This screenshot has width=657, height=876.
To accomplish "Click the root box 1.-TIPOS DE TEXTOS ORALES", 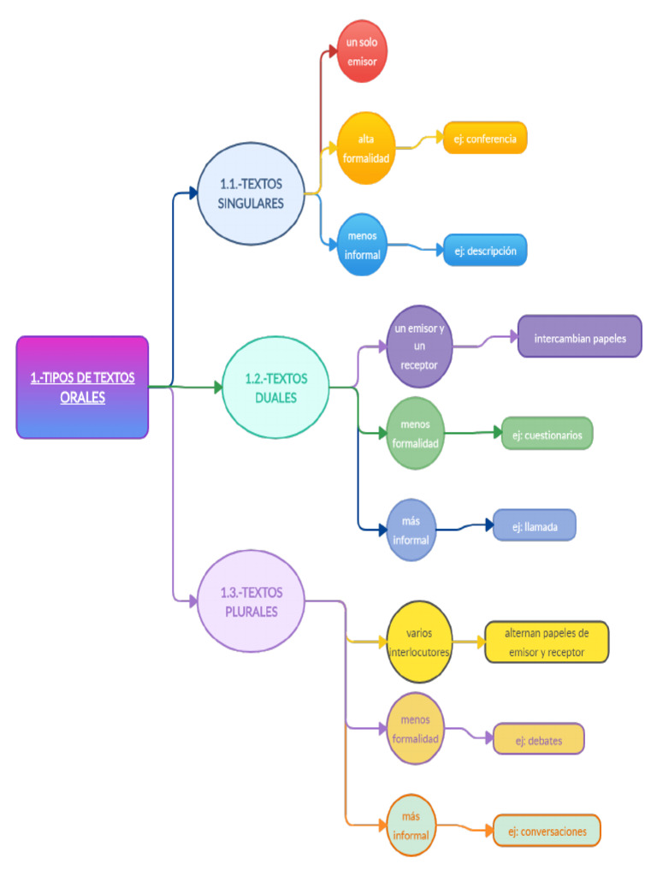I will tap(82, 388).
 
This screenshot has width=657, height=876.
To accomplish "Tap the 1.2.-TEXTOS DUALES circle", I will tap(275, 388).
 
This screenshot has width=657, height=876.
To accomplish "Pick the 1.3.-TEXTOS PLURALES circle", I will tap(251, 601).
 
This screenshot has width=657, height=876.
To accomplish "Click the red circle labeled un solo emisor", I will tap(363, 51).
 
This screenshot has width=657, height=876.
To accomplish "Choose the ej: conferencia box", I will tap(484, 138).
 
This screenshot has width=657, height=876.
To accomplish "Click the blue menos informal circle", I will tap(363, 245).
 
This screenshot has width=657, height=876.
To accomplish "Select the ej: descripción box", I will tap(484, 251).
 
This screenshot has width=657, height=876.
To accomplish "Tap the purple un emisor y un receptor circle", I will tap(418, 346).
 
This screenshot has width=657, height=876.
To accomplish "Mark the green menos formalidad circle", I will tap(415, 434).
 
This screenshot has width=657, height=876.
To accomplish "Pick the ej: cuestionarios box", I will tap(547, 434).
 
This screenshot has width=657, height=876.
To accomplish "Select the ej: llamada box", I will tap(535, 526).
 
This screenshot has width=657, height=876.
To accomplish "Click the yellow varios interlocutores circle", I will tap(420, 641).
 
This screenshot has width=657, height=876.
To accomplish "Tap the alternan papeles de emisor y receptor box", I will tap(547, 642).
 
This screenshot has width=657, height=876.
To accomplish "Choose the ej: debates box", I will tap(539, 739).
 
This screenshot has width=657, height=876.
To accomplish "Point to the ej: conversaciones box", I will tap(547, 831).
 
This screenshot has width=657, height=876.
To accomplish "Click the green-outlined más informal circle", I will tap(411, 826).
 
